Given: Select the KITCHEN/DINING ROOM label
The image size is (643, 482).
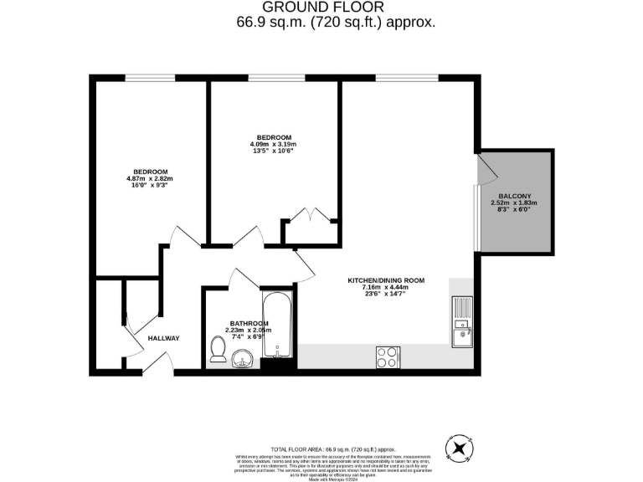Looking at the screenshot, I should coord(387,280).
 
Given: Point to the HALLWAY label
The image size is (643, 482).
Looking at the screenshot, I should coord(163,338).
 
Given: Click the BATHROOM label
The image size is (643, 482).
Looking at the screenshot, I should coord(249,324).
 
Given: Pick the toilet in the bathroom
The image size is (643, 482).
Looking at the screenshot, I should coord(219,350).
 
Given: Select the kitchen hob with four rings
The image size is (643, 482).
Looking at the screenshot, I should coord(388,356).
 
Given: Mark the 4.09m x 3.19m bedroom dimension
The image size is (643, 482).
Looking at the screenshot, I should coord(274,144).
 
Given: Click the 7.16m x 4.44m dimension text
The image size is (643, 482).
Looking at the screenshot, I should coord(387,287).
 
